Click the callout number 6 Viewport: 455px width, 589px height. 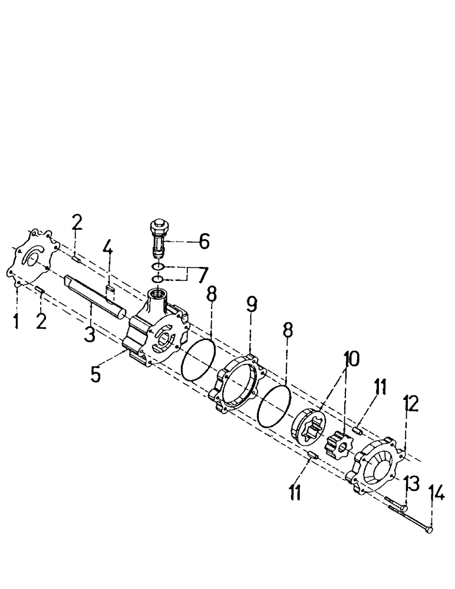pyautogui.click(x=203, y=241)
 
